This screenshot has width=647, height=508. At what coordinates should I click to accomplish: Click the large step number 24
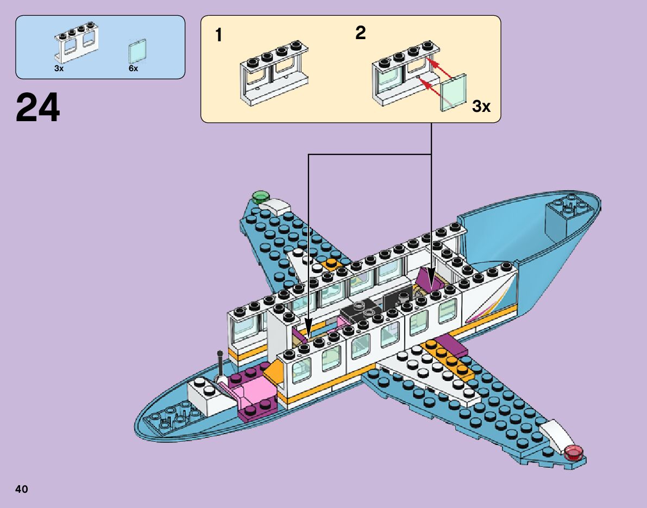38,108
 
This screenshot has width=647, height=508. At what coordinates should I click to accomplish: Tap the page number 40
21,489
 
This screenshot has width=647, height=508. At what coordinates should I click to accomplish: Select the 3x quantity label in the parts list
59,69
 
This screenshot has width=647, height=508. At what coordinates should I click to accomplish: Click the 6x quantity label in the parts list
134,69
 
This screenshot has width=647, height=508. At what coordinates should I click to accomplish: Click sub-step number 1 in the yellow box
218,36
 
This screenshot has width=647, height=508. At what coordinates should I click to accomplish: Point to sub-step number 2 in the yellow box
360,33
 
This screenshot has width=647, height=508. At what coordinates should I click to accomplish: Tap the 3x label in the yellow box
481,106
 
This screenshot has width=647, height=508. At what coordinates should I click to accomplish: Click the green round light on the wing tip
261,197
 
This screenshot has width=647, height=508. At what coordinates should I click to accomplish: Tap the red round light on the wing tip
573,451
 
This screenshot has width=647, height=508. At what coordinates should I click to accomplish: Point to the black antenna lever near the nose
220,365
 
